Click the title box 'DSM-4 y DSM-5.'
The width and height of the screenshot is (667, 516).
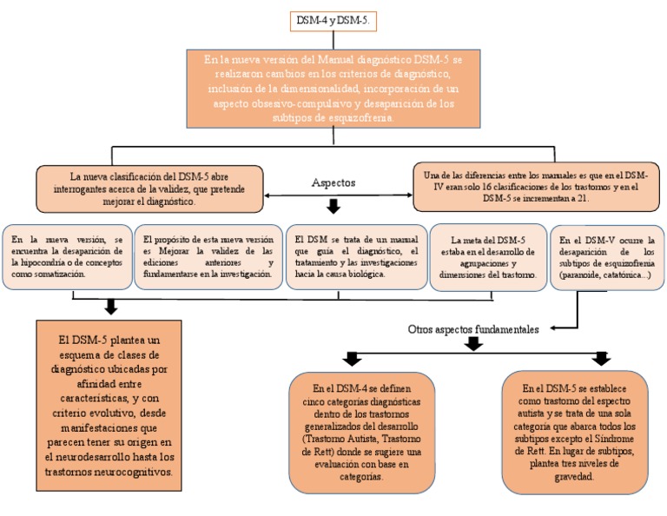333,20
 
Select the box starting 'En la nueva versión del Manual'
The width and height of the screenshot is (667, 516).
333,89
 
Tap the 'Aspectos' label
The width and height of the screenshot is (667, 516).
333,182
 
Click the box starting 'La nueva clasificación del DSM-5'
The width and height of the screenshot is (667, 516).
149,187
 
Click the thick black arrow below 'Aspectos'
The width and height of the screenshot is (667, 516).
333,207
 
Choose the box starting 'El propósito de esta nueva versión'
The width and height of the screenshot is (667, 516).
208,256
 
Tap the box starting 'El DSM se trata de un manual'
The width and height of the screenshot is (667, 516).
356,256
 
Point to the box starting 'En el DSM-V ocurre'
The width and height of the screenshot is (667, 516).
605,256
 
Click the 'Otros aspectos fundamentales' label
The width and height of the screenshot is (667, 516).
473,329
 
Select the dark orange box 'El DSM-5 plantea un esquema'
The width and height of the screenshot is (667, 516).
111,400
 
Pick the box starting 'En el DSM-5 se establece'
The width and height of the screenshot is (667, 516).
575,432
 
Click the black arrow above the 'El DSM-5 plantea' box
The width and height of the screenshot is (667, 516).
110,306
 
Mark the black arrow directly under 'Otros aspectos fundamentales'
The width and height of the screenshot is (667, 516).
473,345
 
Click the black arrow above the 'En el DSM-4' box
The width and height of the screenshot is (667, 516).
351,359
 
